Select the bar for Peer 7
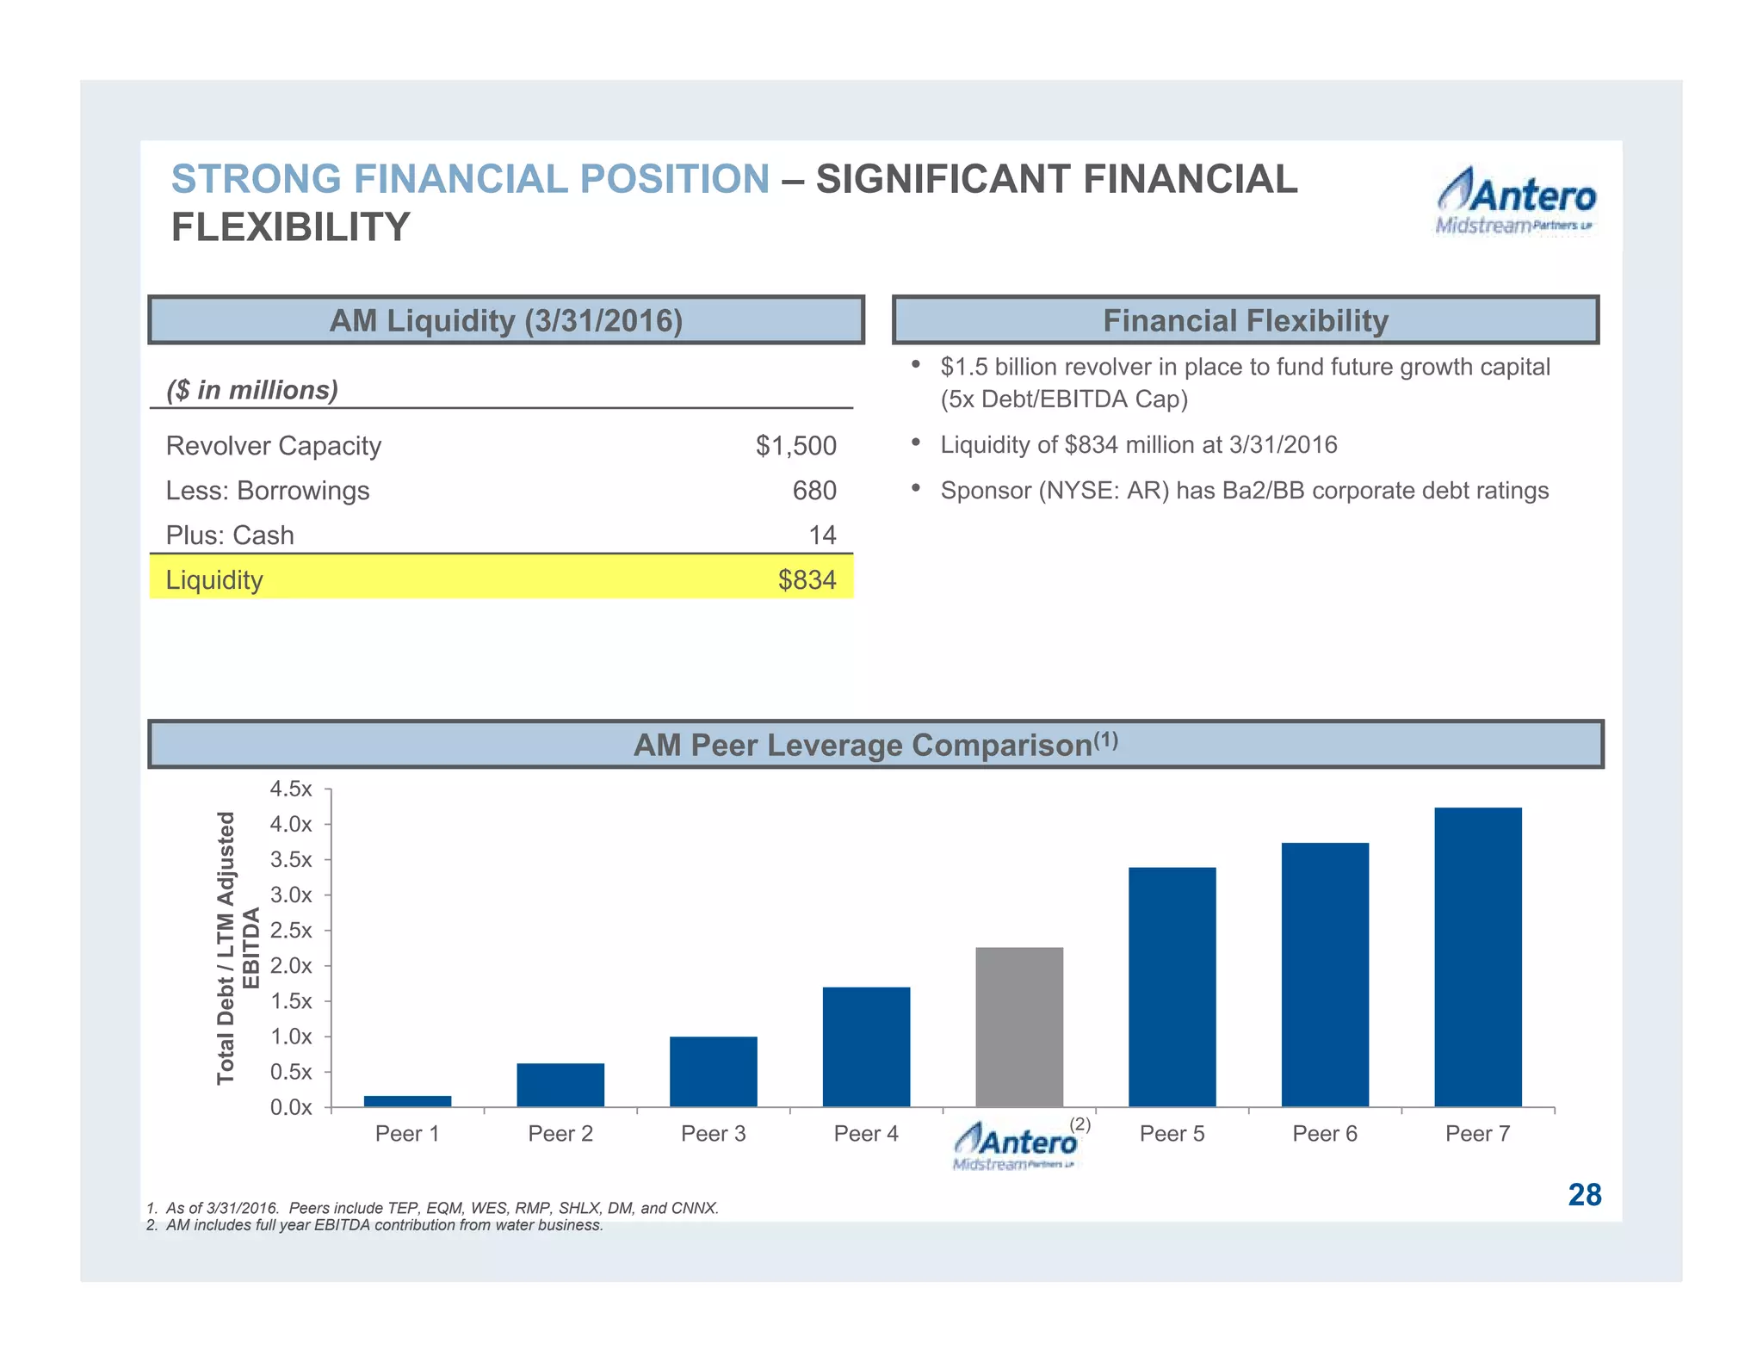pos(1477,956)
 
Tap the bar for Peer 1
pos(407,1100)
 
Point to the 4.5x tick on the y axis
pos(291,789)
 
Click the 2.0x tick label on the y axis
pos(291,965)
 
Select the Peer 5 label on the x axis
pos(1172,1134)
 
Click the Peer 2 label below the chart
pos(560,1134)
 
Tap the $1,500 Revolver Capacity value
pos(795,446)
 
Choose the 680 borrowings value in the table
pos(813,491)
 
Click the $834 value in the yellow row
pos(807,580)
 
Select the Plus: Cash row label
pos(230,536)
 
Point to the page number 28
pos(1584,1195)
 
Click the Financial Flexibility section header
pos(1245,320)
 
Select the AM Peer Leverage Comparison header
pos(875,745)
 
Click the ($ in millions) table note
pos(252,390)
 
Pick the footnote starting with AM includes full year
pos(375,1225)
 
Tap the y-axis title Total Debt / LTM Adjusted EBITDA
pos(238,948)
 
